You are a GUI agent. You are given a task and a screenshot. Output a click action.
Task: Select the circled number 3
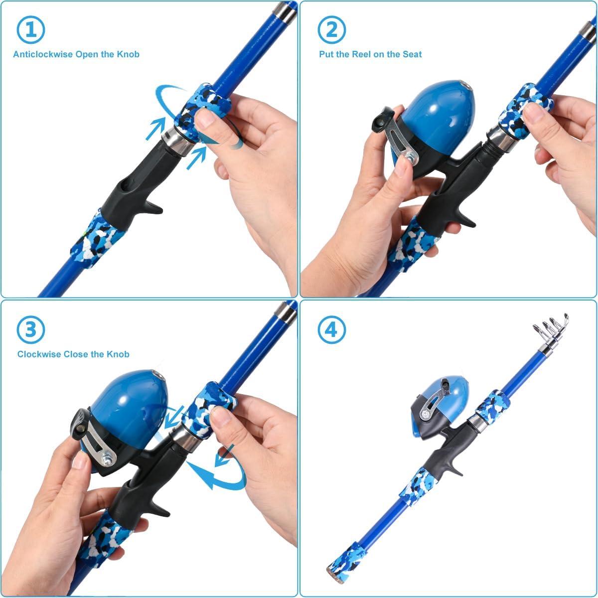point(31,329)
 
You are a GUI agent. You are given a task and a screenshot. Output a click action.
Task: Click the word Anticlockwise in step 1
point(43,54)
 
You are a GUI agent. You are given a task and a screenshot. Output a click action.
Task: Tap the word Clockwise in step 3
point(39,354)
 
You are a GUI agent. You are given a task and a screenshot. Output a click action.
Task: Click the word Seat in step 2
point(411,54)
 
